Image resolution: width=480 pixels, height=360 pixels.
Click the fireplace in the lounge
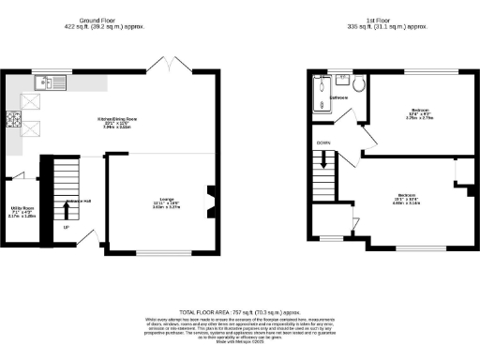(x=211, y=198)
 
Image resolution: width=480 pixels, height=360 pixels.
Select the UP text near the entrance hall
(x=66, y=227)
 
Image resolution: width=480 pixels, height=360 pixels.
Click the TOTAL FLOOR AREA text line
(x=239, y=312)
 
